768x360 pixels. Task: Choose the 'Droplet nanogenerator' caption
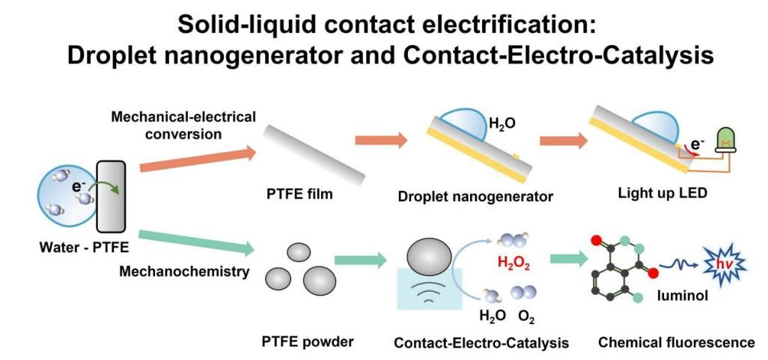476,198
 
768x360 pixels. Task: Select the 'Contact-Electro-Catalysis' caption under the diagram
481,343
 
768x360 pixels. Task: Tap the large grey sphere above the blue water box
428,259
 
